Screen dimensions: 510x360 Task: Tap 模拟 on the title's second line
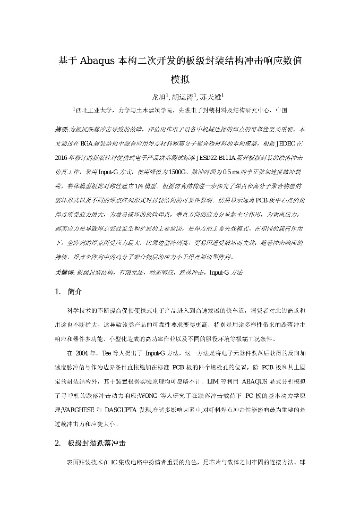[179, 80]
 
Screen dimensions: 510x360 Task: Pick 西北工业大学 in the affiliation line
[93, 110]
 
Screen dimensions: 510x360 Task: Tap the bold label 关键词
[64, 272]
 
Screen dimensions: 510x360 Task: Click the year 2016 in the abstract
[63, 158]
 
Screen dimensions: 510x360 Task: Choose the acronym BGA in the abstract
[84, 144]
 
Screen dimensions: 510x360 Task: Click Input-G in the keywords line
[219, 272]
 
